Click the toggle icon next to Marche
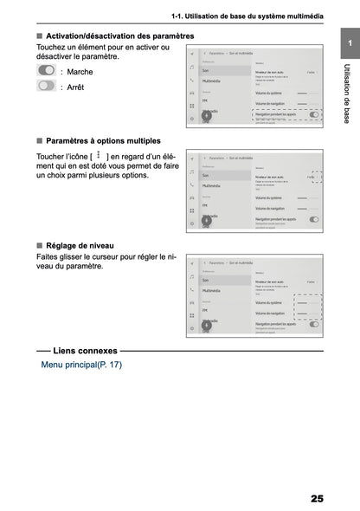pos(47,70)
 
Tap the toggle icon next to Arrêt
pos(47,86)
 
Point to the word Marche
pos(79,71)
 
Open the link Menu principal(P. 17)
pos(81,365)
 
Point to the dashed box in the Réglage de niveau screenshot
pos(307,313)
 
